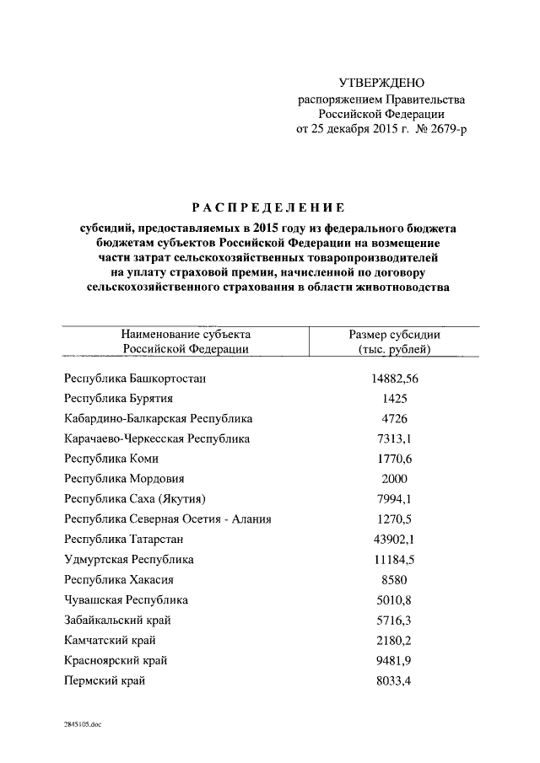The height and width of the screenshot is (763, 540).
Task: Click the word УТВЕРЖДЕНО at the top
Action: click(x=381, y=83)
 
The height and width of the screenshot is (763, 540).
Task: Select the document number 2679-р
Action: click(x=443, y=129)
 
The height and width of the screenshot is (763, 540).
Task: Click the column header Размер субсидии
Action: click(x=394, y=334)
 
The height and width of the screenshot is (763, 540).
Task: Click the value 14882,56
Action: click(x=394, y=379)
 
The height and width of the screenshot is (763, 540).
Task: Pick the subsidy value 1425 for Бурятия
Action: click(x=394, y=398)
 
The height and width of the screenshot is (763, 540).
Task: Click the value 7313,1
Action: click(x=394, y=438)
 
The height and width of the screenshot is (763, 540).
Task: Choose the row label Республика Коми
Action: click(x=111, y=459)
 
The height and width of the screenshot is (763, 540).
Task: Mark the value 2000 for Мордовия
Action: click(x=394, y=479)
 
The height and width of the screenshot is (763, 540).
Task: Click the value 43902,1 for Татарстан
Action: click(x=394, y=540)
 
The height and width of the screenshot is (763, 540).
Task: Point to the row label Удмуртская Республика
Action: click(x=129, y=560)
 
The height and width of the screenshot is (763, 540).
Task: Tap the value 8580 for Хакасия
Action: click(x=394, y=580)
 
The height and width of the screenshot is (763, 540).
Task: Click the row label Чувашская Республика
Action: click(x=127, y=600)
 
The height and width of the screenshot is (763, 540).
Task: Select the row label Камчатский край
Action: click(x=110, y=641)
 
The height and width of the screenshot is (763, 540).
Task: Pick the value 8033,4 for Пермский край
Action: click(x=394, y=681)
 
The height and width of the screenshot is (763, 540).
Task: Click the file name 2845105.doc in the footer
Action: click(x=81, y=724)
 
